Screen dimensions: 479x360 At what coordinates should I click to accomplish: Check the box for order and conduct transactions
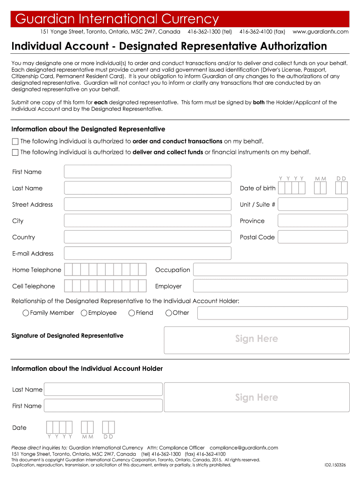click(15, 141)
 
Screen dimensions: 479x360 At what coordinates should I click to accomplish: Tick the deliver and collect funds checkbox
click(15, 152)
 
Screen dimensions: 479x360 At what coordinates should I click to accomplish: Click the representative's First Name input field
click(147, 172)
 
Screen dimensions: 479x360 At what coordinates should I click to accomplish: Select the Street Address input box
click(147, 204)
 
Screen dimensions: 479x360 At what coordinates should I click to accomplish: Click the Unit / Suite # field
click(312, 204)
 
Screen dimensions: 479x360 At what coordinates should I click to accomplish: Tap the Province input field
click(312, 221)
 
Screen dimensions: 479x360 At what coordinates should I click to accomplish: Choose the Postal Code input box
click(312, 237)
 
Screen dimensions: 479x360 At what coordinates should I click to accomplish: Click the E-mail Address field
click(147, 254)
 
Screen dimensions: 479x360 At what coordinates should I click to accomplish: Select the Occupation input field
click(270, 270)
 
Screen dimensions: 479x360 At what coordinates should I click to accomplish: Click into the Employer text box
click(270, 286)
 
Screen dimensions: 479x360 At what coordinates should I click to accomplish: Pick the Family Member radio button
click(26, 313)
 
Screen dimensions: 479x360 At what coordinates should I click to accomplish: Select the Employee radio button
click(84, 313)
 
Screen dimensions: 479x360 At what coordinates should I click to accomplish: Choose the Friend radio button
click(132, 313)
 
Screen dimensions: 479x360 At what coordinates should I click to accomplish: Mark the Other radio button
click(169, 313)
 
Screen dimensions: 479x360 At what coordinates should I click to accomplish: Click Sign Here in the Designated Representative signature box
click(256, 339)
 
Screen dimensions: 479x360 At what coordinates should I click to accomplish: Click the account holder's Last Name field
click(103, 389)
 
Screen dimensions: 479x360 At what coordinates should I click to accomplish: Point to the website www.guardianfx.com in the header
click(320, 32)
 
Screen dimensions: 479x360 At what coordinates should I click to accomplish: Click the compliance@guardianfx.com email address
click(244, 448)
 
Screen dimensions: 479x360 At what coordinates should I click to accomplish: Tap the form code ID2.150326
click(335, 465)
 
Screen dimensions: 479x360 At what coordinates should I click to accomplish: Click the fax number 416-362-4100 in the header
click(262, 32)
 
